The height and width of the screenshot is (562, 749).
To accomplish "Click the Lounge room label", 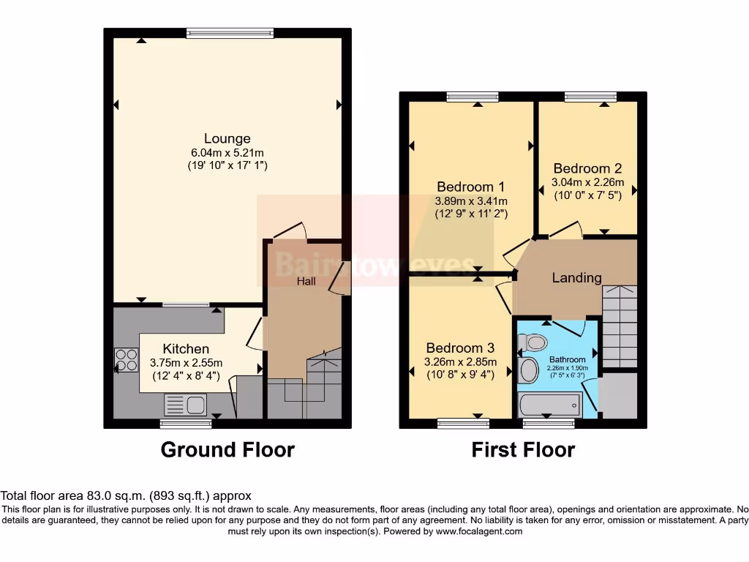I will click(227, 138).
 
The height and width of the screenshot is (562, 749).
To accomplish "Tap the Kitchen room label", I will click(186, 348).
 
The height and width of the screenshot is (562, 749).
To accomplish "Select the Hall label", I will click(306, 280).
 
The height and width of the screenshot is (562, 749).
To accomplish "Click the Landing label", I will click(576, 277).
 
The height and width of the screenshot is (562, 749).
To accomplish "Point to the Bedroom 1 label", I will click(470, 187).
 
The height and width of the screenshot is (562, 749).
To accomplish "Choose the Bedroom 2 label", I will click(587, 168).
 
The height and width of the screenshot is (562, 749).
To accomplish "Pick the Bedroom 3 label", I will click(460, 348).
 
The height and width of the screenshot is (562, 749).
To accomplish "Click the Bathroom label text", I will click(568, 359).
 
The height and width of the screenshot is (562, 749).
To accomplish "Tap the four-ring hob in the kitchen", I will click(126, 360).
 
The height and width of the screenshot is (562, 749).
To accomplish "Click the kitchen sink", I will click(186, 404).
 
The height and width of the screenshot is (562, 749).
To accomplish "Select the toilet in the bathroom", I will click(532, 342).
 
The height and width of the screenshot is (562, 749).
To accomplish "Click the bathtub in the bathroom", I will click(549, 404).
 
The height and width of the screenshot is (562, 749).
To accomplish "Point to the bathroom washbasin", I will click(529, 370).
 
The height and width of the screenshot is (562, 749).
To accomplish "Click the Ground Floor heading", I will click(227, 449).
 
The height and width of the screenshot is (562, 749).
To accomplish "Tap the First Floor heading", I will click(523, 449).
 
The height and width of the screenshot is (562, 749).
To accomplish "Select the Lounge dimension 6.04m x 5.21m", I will click(227, 152).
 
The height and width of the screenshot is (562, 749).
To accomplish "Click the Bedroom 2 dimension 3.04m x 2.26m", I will click(587, 182).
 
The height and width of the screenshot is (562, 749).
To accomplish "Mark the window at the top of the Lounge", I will click(230, 32).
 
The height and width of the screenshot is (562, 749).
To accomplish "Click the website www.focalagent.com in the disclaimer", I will click(478, 531).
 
